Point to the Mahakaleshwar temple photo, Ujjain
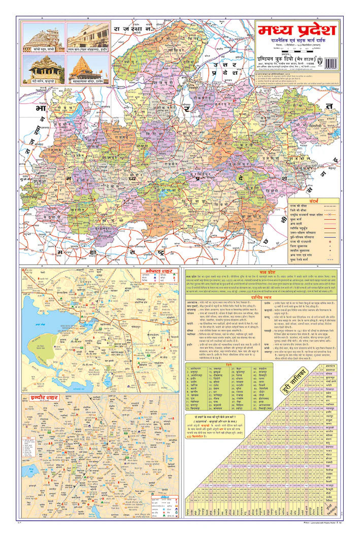tap(87, 69)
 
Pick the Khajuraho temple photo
tap(44, 69)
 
